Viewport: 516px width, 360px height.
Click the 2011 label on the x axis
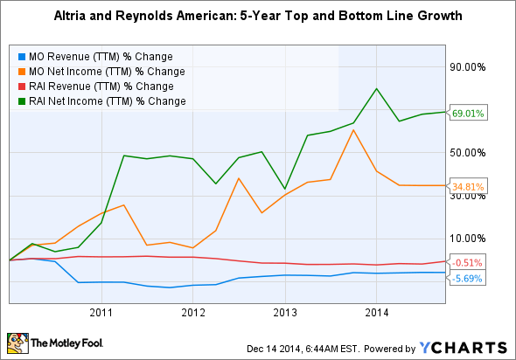[101, 312]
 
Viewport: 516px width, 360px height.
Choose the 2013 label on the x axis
[284, 312]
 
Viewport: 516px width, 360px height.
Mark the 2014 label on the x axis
[376, 312]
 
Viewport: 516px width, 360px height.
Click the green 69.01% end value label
[467, 113]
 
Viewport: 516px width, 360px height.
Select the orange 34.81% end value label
[467, 186]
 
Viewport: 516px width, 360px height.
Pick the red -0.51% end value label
[467, 262]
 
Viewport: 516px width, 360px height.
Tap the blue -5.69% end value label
[467, 279]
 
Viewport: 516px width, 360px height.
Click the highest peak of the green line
[376, 88]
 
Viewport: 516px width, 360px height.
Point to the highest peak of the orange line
[352, 129]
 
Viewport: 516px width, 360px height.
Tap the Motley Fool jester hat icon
[17, 343]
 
